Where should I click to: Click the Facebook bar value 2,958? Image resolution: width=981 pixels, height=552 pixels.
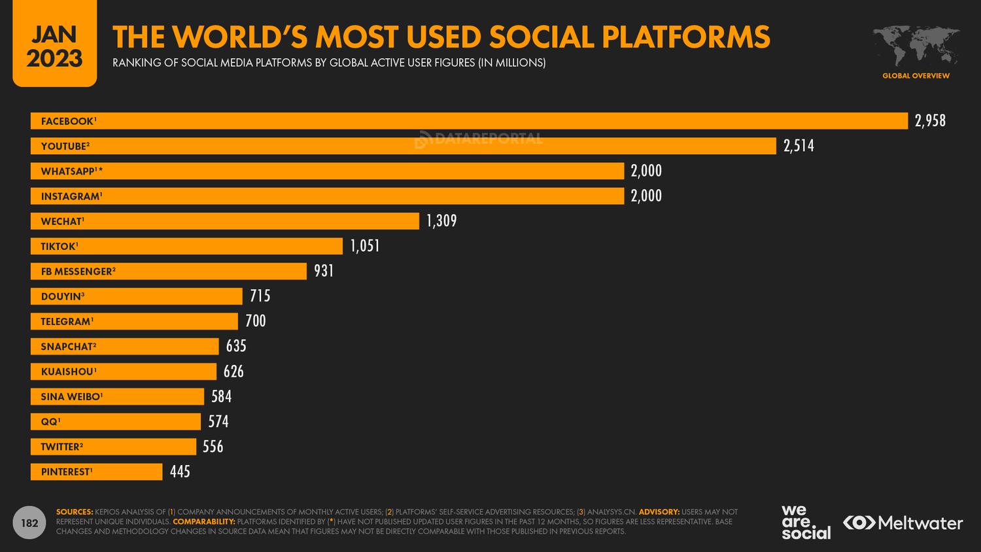930,121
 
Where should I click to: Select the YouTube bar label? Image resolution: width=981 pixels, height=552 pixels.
65,147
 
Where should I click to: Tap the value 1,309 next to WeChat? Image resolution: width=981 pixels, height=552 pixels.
441,221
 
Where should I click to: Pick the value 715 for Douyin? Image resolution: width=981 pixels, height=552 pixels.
260,296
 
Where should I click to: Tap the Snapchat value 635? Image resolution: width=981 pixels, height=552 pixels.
236,346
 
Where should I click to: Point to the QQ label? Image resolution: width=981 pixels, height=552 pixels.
50,422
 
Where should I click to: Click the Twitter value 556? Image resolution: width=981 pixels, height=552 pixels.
213,447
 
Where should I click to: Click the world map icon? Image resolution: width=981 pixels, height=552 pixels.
916,46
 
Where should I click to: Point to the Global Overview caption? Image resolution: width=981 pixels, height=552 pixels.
916,76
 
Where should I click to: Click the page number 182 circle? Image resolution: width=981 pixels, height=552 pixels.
29,523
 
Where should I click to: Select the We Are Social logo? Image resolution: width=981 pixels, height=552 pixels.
806,522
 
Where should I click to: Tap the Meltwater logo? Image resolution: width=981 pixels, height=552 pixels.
903,523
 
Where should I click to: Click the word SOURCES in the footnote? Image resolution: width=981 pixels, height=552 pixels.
75,512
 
